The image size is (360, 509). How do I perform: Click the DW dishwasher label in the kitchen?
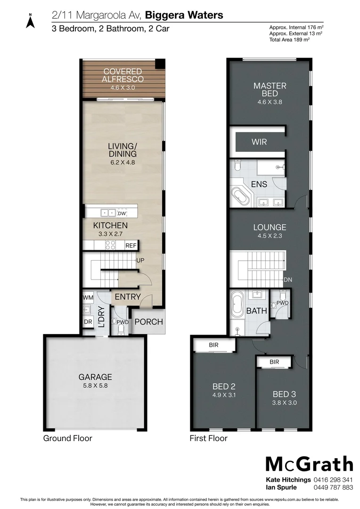click(122, 213)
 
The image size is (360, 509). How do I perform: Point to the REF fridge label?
click(131, 246)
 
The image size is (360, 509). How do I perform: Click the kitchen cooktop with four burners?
click(110, 245)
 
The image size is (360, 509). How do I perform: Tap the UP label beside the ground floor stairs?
click(140, 260)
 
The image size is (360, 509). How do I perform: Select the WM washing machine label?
click(87, 298)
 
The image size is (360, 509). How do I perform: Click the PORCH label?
click(148, 322)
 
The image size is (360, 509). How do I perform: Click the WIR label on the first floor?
click(260, 141)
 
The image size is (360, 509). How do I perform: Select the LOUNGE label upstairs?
click(270, 227)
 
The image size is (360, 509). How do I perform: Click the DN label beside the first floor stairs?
click(288, 279)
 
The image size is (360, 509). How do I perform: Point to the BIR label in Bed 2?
click(213, 345)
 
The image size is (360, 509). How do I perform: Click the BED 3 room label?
click(285, 394)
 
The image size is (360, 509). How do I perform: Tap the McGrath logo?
click(309, 464)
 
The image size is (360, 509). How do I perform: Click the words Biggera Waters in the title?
click(184, 15)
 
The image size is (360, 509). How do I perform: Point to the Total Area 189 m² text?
click(289, 40)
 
